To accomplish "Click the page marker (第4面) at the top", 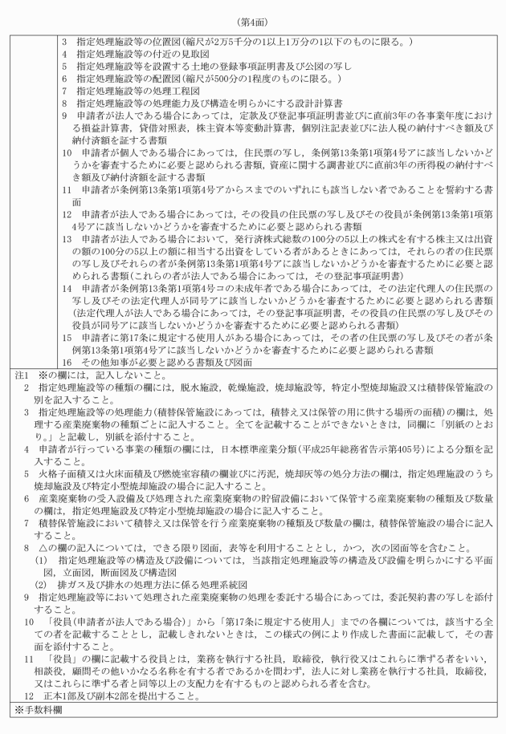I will tap(252, 11).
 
